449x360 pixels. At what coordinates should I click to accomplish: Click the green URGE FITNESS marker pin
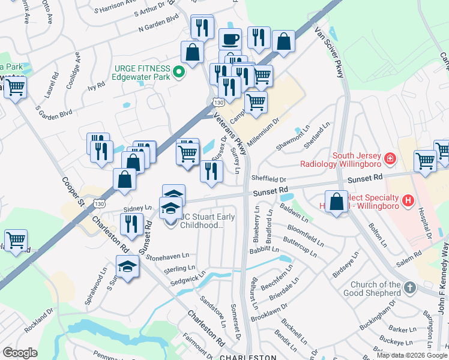[x=178, y=73]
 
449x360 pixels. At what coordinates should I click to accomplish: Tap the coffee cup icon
[x=230, y=40]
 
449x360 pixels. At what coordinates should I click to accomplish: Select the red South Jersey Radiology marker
[x=391, y=158]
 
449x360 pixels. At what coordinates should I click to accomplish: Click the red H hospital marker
[x=408, y=200]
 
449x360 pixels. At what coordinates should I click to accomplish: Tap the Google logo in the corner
[x=20, y=353]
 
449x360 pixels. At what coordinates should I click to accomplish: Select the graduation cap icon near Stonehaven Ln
[x=127, y=266]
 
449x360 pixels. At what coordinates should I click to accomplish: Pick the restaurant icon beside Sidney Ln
[x=131, y=223]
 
